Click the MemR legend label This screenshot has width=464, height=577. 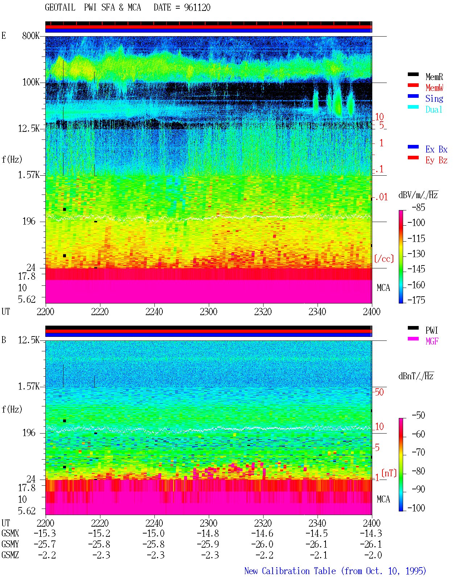click(x=434, y=77)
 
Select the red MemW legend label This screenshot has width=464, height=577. click(x=434, y=88)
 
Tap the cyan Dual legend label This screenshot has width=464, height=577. click(x=434, y=109)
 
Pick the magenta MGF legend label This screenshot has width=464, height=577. click(x=432, y=341)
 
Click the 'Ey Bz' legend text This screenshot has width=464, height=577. click(x=436, y=160)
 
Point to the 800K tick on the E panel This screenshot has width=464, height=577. click(x=30, y=35)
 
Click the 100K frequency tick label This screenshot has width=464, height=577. click(x=31, y=82)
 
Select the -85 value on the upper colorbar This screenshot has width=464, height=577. click(x=418, y=207)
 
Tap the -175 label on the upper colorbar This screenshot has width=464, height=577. click(x=416, y=300)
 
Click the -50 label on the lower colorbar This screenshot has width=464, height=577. click(x=418, y=415)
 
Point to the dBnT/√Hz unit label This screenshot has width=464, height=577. click(x=416, y=376)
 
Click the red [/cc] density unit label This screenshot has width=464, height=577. click(x=384, y=259)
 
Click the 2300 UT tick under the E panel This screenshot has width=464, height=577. click(x=208, y=312)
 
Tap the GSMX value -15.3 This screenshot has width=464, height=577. click(x=45, y=533)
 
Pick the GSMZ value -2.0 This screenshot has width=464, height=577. click(x=373, y=555)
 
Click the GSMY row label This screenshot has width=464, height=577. click(x=10, y=544)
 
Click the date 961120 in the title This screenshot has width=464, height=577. click(x=197, y=8)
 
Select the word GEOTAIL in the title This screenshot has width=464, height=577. click(x=60, y=8)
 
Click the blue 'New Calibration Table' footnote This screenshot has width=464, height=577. click(x=290, y=571)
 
